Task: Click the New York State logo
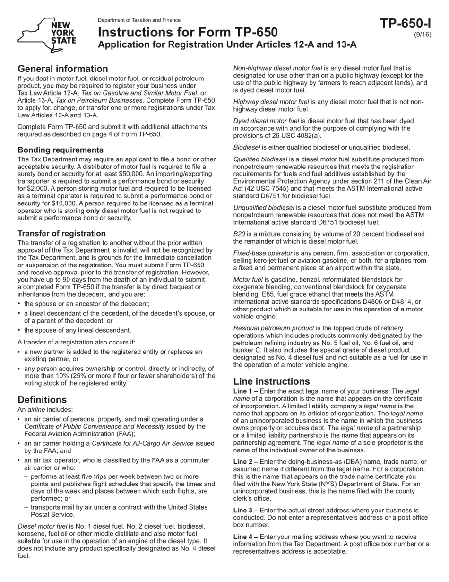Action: pyautogui.click(x=47, y=35)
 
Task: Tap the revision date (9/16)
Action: pyautogui.click(x=423, y=35)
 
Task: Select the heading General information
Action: pyautogui.click(x=62, y=69)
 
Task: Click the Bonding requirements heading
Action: pyautogui.click(x=60, y=150)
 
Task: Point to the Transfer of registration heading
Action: pyautogui.click(x=61, y=233)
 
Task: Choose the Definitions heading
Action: pyautogui.click(x=42, y=399)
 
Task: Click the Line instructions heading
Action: pyautogui.click(x=271, y=381)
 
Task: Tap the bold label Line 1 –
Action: pyautogui.click(x=245, y=391)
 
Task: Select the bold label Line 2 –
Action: pyautogui.click(x=245, y=462)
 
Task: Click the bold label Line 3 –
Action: pyautogui.click(x=245, y=511)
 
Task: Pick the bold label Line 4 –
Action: pyautogui.click(x=245, y=537)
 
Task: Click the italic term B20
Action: pyautogui.click(x=240, y=234)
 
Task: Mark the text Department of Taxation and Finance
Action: pyautogui.click(x=139, y=20)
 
